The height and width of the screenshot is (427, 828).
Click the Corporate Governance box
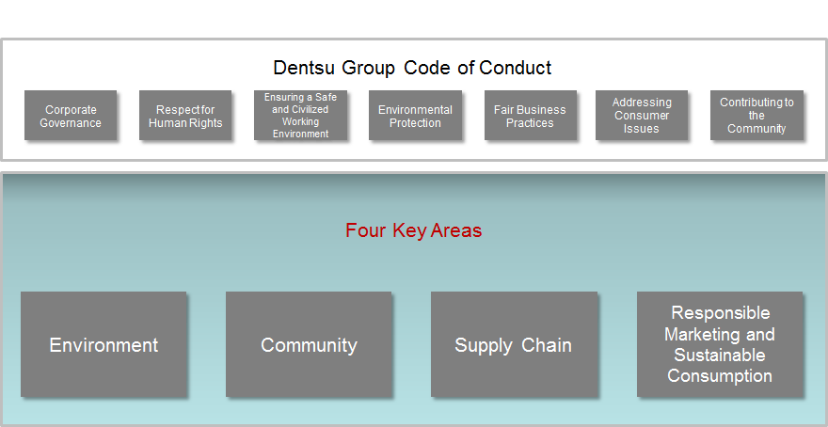tap(71, 115)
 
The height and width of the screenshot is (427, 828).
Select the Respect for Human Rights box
tap(185, 115)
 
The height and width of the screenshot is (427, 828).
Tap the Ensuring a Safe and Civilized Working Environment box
tap(300, 115)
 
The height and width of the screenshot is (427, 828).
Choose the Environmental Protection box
tap(415, 115)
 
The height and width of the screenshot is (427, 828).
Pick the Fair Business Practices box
tap(530, 115)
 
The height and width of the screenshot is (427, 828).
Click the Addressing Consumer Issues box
tap(642, 115)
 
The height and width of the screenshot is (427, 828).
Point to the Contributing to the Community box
tap(756, 115)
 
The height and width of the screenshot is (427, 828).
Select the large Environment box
tap(103, 344)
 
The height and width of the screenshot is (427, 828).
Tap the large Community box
tap(309, 344)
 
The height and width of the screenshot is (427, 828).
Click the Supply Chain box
tap(514, 344)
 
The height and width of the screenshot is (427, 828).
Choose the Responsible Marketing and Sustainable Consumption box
tap(720, 344)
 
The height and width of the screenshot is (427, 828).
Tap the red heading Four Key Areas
tap(413, 230)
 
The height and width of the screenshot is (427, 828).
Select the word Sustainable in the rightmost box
tap(720, 356)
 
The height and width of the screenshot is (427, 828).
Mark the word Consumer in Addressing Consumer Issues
tap(642, 116)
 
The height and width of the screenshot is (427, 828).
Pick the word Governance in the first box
tap(71, 123)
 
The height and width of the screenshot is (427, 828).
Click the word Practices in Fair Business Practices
tap(530, 123)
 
